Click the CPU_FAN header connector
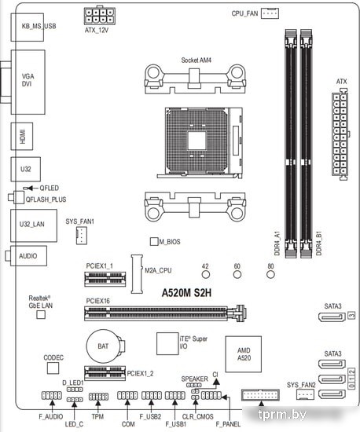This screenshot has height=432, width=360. tap(270, 13)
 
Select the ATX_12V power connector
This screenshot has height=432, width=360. tap(100, 16)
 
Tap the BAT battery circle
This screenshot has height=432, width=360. tap(103, 346)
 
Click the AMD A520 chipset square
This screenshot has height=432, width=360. tap(244, 354)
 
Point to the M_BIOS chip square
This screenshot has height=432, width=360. tap(154, 241)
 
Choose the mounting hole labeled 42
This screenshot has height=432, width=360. tap(206, 274)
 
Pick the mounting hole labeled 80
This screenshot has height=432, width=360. tap(270, 274)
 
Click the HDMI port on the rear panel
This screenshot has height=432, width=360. tap(22, 137)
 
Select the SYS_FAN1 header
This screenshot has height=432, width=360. tap(82, 236)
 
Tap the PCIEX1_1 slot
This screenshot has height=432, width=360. tap(105, 279)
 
